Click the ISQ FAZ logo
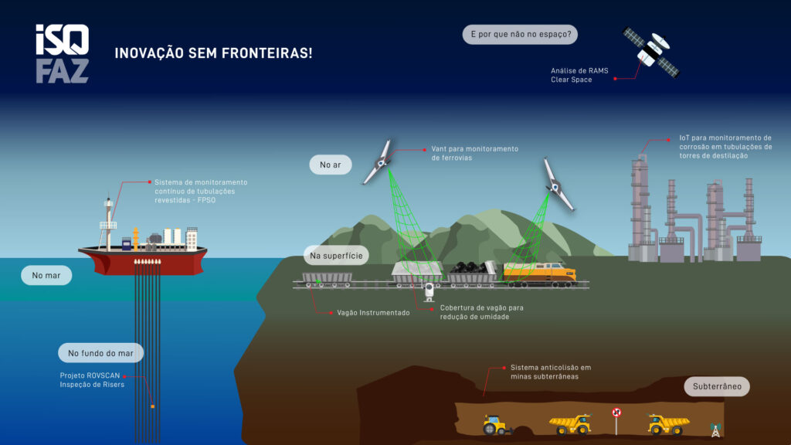click(62, 53)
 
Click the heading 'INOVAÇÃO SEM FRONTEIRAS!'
click(214, 53)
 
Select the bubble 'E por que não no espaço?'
click(520, 35)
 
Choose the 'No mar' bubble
click(46, 275)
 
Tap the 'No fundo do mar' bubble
click(100, 353)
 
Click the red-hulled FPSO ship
click(142, 259)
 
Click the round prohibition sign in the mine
click(616, 412)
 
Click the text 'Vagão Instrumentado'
click(373, 313)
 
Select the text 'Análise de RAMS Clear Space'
click(579, 75)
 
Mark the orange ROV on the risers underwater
click(153, 406)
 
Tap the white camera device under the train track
click(429, 291)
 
